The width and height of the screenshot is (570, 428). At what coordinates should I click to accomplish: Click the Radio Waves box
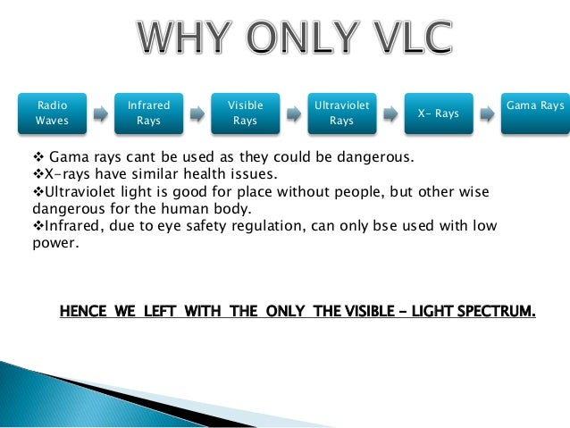click(51, 113)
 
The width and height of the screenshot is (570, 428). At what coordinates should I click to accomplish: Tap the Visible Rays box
click(244, 113)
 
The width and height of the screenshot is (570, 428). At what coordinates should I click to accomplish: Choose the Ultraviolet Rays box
click(341, 113)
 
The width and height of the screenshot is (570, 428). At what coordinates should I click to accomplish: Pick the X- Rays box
click(439, 113)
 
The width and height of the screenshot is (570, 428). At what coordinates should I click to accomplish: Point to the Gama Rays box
click(535, 113)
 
